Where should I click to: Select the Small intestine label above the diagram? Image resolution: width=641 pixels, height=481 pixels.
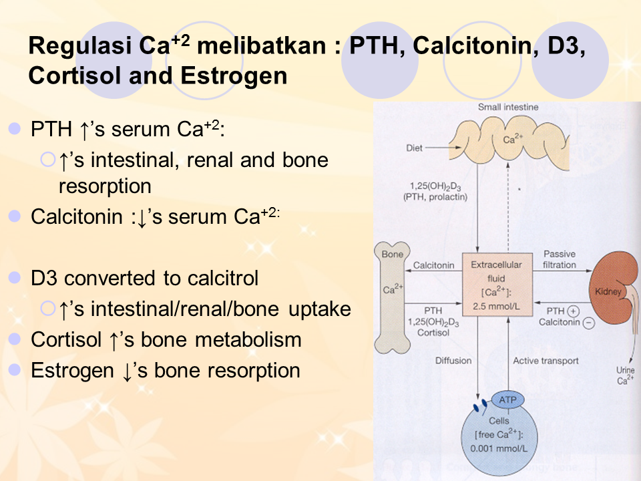point(508,107)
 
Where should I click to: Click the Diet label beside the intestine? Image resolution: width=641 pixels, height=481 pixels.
point(414,148)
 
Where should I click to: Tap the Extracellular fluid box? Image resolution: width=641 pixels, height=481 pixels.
point(497,285)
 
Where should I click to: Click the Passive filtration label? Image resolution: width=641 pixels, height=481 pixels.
point(559,259)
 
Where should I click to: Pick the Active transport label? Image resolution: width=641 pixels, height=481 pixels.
point(546,361)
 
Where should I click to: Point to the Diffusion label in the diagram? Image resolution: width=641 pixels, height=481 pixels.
point(453,361)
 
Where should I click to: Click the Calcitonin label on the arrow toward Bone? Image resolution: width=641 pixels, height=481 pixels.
point(433,265)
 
